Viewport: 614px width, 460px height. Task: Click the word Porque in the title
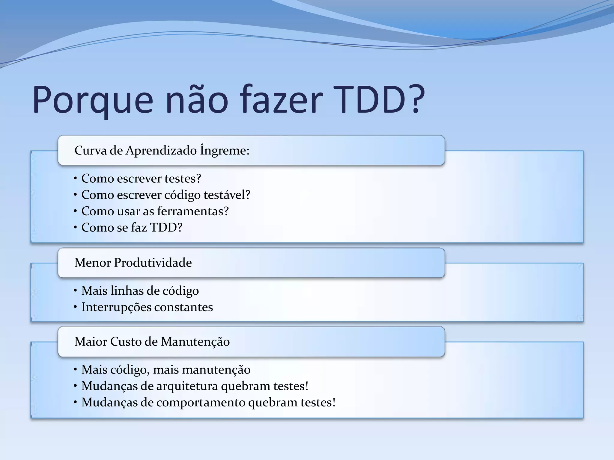(93, 100)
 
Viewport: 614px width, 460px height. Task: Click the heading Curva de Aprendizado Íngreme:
(162, 150)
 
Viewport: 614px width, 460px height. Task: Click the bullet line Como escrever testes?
(141, 178)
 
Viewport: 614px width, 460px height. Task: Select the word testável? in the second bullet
(227, 195)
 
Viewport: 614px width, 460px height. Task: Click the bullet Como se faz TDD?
(132, 228)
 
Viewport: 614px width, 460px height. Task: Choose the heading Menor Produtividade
(133, 263)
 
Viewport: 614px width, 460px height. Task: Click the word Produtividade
(153, 263)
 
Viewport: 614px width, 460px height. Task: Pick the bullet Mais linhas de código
(140, 291)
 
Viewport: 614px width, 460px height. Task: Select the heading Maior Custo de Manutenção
(152, 342)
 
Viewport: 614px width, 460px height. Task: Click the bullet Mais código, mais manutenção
(166, 370)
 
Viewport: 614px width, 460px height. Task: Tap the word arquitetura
(187, 386)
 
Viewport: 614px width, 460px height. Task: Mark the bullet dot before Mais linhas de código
(75, 290)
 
